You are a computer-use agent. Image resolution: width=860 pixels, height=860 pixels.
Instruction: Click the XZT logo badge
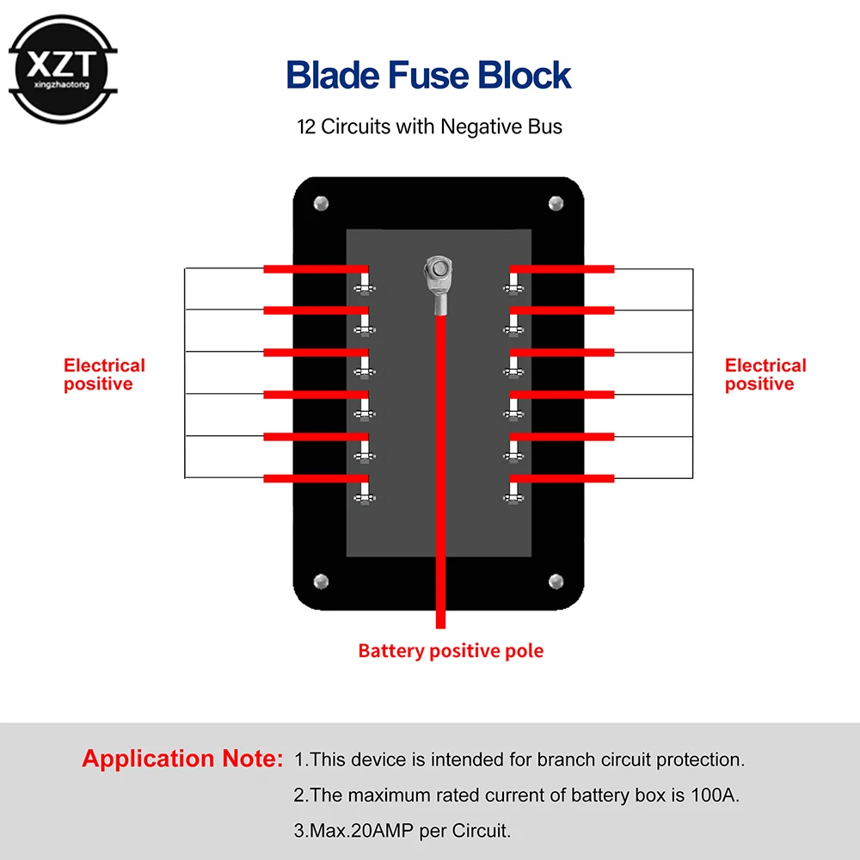[62, 69]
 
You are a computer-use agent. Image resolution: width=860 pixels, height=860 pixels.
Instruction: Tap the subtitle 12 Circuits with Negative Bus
[429, 127]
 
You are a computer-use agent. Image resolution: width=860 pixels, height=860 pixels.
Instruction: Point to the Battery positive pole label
[451, 650]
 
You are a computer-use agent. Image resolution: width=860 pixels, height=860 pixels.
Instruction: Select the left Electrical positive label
[104, 375]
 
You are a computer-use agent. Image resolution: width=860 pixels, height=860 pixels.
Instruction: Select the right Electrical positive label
[765, 375]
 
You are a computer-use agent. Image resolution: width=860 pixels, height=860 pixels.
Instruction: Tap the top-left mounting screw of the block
[322, 204]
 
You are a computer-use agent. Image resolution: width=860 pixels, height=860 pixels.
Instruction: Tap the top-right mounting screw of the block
[556, 204]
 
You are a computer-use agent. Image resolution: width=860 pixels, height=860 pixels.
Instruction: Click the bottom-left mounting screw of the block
[322, 580]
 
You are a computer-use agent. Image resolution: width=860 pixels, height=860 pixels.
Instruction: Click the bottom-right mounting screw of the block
[556, 580]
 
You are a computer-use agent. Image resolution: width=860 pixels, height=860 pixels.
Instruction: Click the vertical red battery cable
[441, 473]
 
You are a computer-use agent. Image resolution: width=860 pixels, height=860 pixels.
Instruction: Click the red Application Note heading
[182, 759]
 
